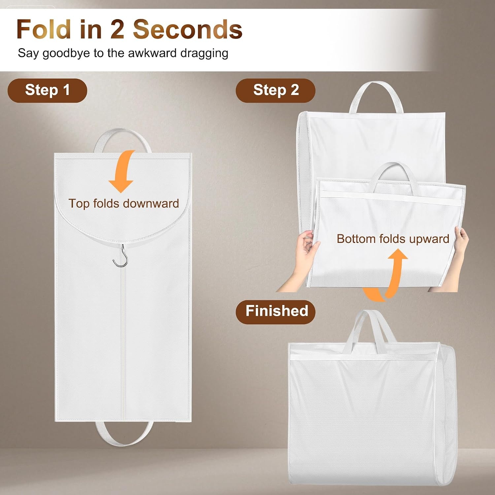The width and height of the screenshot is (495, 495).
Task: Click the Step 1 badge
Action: click(x=47, y=90)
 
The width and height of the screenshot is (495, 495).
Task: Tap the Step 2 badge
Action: click(x=276, y=90)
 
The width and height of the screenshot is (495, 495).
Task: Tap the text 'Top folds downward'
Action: click(x=124, y=203)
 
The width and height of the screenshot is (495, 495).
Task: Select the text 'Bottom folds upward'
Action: click(x=393, y=239)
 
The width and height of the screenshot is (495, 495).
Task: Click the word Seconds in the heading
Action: click(x=187, y=29)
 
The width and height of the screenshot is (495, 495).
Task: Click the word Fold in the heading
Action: click(x=44, y=29)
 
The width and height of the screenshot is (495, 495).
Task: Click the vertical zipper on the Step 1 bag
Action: click(x=124, y=343)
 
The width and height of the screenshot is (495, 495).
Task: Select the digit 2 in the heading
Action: click(x=117, y=29)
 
